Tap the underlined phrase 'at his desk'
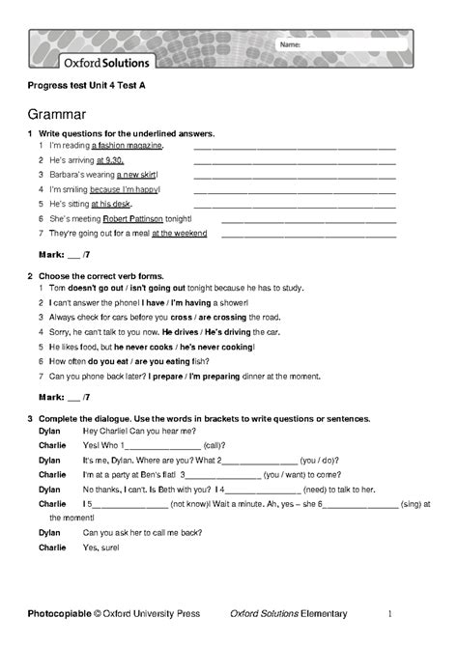pos(110,204)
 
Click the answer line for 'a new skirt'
pos(295,176)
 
